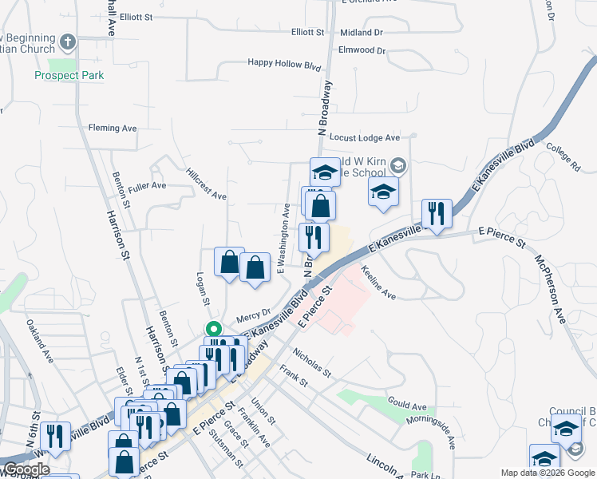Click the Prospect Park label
point(69,76)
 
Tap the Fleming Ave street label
point(113,128)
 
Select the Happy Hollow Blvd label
point(283,62)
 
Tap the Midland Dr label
point(361,33)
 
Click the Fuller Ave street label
point(147,185)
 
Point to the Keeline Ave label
point(378,283)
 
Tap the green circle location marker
point(213,328)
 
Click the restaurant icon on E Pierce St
point(437,213)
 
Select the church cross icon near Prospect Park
point(69,42)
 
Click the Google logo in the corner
point(26,469)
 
